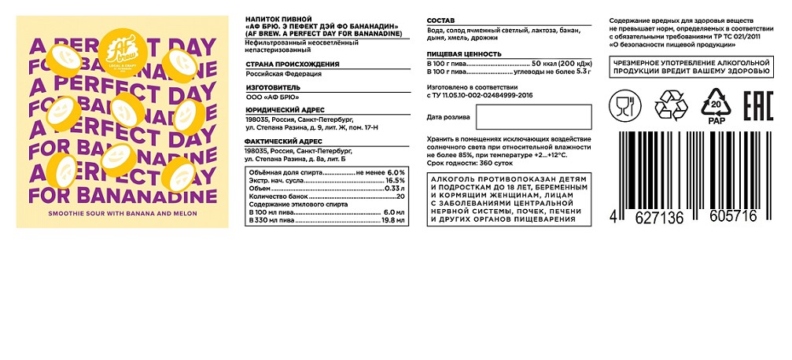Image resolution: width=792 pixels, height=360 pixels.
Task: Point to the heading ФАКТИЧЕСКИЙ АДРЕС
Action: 282,141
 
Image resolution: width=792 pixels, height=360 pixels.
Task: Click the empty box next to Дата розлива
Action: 532,117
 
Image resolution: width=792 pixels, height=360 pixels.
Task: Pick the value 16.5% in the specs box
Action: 394,181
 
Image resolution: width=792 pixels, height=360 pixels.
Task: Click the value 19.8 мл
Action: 392,221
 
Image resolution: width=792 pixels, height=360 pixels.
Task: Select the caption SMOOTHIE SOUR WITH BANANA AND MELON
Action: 122,215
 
